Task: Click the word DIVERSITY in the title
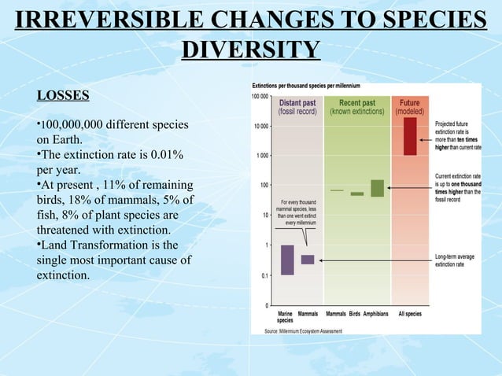pyautogui.click(x=250, y=50)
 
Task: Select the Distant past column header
pyautogui.click(x=298, y=107)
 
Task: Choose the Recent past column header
pyautogui.click(x=356, y=107)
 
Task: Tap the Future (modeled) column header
pyautogui.click(x=410, y=107)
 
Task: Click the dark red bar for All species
pyautogui.click(x=410, y=135)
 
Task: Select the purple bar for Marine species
pyautogui.click(x=287, y=260)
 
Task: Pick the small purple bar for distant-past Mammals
pyautogui.click(x=308, y=260)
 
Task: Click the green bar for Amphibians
pyautogui.click(x=377, y=188)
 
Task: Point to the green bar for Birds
pyautogui.click(x=357, y=194)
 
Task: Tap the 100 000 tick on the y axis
pyautogui.click(x=260, y=96)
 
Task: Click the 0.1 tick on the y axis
pyautogui.click(x=265, y=275)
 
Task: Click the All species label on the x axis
pyautogui.click(x=410, y=314)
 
